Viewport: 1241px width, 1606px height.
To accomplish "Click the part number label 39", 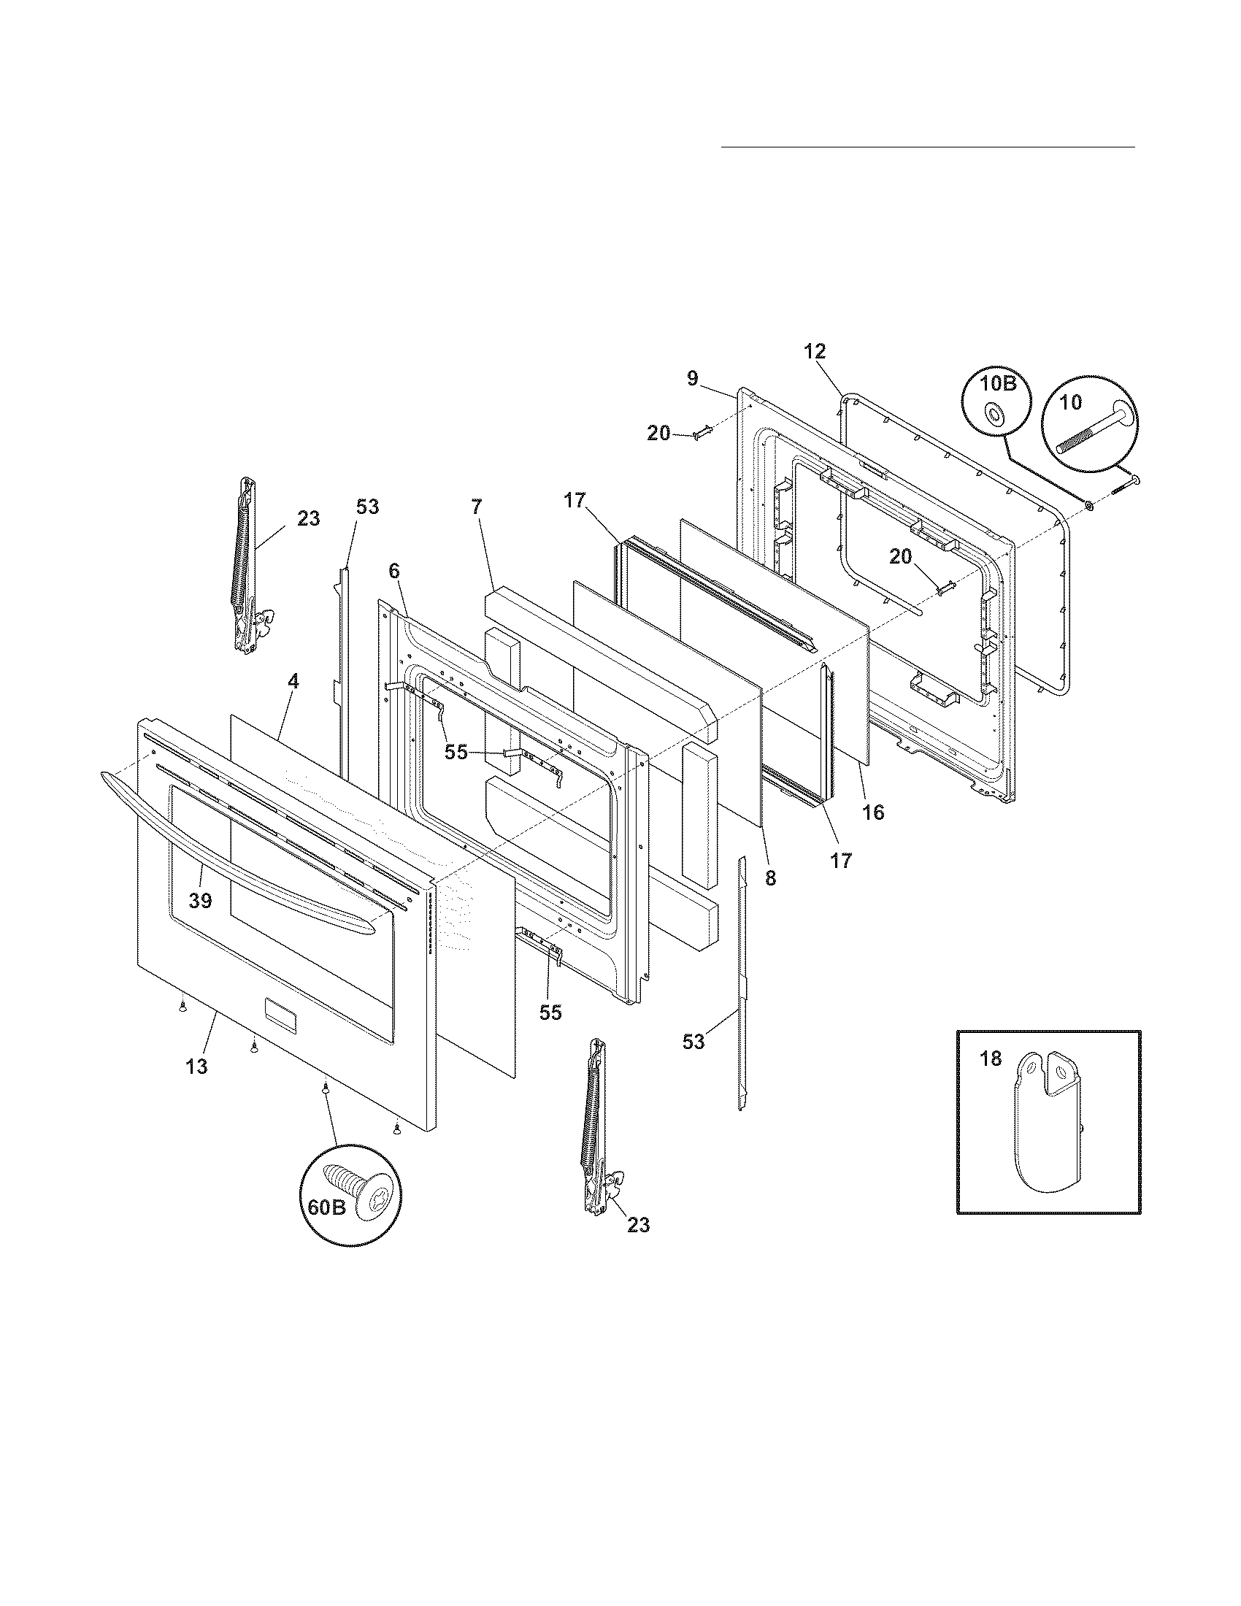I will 200,900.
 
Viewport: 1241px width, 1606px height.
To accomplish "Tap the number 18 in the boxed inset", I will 991,1060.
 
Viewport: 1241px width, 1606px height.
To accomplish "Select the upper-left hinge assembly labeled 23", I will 246,566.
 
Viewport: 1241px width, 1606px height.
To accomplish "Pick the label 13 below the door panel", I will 196,1067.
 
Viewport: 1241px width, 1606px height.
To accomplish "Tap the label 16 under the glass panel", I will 873,812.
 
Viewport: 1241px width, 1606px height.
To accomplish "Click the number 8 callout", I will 769,878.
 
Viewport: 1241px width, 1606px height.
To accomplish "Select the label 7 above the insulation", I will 477,507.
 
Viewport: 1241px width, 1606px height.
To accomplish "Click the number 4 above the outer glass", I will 293,681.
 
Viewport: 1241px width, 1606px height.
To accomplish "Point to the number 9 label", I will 692,379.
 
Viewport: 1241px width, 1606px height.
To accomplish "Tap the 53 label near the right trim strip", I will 693,1041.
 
